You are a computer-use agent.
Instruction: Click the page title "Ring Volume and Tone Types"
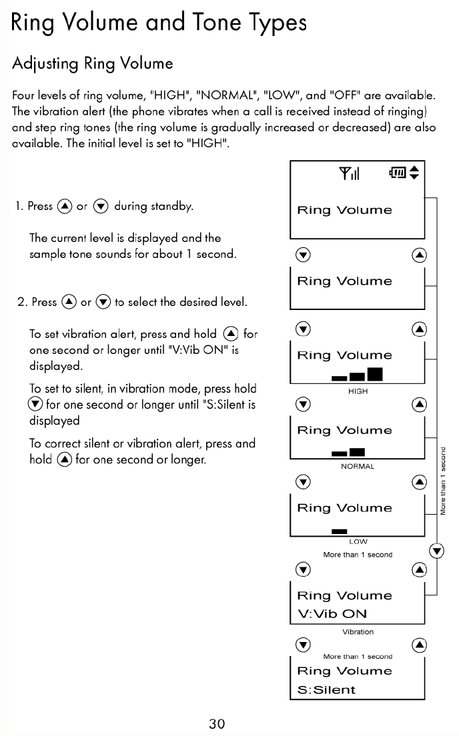click(159, 23)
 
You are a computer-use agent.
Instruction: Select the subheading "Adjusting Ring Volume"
click(92, 64)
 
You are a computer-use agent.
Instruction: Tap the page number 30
click(217, 723)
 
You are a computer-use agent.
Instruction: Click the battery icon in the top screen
click(398, 174)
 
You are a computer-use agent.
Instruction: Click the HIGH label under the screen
click(358, 391)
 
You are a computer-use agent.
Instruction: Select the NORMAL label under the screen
click(358, 467)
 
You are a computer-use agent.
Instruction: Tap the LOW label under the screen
click(358, 542)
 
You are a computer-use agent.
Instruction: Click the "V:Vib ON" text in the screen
click(332, 614)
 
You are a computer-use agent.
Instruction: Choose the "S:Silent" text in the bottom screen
click(326, 690)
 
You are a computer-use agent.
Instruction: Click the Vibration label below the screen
click(358, 631)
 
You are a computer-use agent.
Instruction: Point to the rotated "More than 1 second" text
click(443, 481)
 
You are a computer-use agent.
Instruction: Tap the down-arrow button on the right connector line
click(437, 551)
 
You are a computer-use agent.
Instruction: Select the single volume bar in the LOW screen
click(340, 531)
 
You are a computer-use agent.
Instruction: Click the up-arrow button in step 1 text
click(65, 207)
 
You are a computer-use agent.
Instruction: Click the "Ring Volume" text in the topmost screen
click(344, 211)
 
